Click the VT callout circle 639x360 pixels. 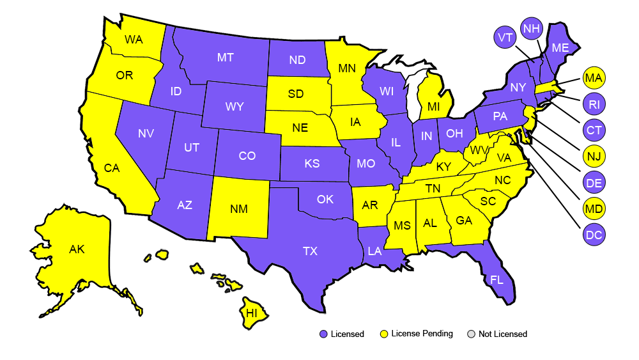pos(505,38)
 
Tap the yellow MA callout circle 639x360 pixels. pos(594,79)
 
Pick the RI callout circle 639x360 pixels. pos(594,104)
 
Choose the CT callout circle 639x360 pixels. pos(594,130)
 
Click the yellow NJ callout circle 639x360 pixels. pos(594,156)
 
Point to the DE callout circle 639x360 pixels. pos(594,183)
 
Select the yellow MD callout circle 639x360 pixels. pos(594,208)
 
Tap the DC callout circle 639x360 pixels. pos(594,235)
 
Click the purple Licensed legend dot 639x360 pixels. pos(323,334)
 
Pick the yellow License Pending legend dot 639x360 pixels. pos(384,334)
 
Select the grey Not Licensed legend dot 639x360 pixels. pos(472,334)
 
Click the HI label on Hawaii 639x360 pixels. pos(252,313)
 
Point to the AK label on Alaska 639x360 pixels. pos(77,249)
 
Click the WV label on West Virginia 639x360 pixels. pos(476,151)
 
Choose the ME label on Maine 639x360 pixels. pos(560,47)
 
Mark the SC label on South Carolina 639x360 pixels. pos(488,201)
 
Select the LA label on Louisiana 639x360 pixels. pos(374,251)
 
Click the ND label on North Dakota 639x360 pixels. pos(297,60)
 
